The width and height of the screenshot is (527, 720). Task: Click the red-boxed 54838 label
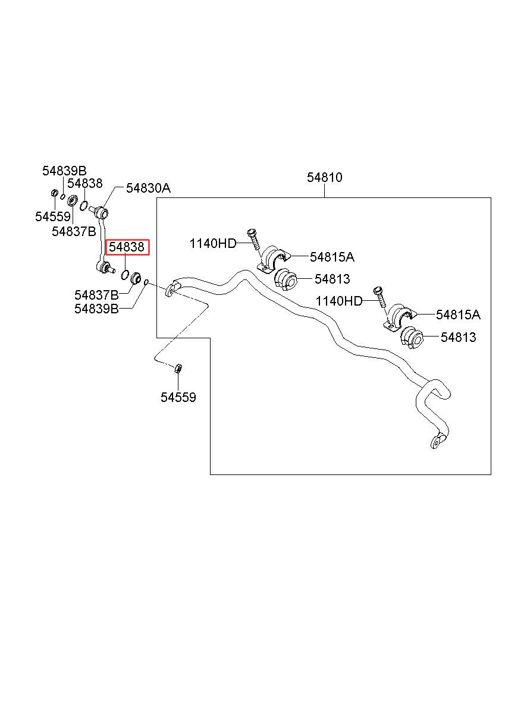click(126, 247)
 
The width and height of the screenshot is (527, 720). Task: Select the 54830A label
click(148, 188)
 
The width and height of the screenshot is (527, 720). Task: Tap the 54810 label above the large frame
click(324, 177)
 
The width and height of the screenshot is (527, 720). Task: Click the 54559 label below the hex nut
click(178, 397)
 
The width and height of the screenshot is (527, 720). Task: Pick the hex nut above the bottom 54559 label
click(178, 369)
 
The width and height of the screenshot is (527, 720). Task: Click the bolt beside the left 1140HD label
click(252, 240)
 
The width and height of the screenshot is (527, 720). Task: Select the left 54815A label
click(332, 257)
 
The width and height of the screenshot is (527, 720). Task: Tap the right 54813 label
click(458, 338)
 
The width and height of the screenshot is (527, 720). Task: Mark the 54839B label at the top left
click(64, 171)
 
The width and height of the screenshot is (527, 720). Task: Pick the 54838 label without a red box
click(84, 184)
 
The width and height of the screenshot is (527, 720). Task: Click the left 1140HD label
click(213, 243)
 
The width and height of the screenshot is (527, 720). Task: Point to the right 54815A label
click(458, 315)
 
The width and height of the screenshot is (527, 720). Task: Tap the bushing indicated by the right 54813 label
click(413, 338)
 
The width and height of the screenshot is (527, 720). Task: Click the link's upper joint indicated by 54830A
click(102, 212)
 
